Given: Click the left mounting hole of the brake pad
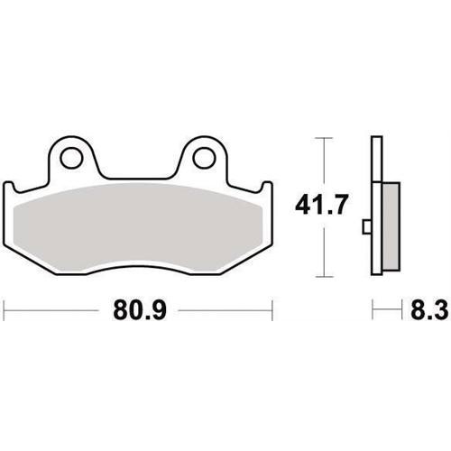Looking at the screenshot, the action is point(71,158).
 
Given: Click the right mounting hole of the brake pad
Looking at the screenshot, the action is point(205,158).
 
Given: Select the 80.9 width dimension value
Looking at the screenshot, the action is point(140,310).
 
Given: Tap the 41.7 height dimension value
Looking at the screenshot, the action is point(321,205).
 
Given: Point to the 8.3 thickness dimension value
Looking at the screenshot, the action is point(429,310).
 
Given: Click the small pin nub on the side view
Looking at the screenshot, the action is point(366,226).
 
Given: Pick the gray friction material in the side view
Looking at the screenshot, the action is point(391,227).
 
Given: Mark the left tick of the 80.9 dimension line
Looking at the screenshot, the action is point(4,310).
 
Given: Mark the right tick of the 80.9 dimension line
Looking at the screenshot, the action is point(272,310).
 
